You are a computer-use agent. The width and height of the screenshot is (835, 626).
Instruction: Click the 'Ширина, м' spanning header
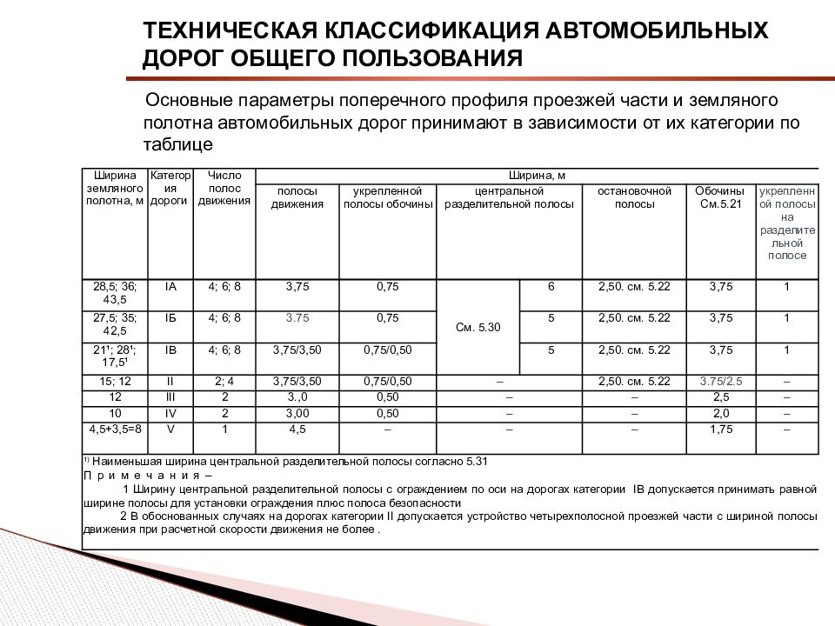pyautogui.click(x=537, y=176)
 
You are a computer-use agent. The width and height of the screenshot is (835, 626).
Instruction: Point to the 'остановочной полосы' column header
pyautogui.click(x=635, y=196)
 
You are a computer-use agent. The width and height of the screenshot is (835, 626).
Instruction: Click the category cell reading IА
pyautogui.click(x=170, y=286)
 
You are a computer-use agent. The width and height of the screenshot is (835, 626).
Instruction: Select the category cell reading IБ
pyautogui.click(x=170, y=318)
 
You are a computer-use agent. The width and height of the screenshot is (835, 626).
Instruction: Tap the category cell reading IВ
pyautogui.click(x=170, y=350)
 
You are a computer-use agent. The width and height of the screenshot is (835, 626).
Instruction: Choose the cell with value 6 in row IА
pyautogui.click(x=551, y=286)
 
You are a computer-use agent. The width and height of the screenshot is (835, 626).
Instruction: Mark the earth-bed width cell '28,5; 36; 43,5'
pyautogui.click(x=115, y=292)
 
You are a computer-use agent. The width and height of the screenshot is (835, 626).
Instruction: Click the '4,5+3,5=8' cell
pyautogui.click(x=115, y=429)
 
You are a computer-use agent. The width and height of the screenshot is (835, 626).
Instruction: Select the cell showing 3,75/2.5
pyautogui.click(x=719, y=382)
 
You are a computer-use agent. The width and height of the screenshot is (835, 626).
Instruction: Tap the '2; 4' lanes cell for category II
pyautogui.click(x=224, y=382)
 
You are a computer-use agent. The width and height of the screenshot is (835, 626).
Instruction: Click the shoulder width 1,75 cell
pyautogui.click(x=720, y=429)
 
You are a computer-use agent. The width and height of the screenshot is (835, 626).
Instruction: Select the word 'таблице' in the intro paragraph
pyautogui.click(x=178, y=143)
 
